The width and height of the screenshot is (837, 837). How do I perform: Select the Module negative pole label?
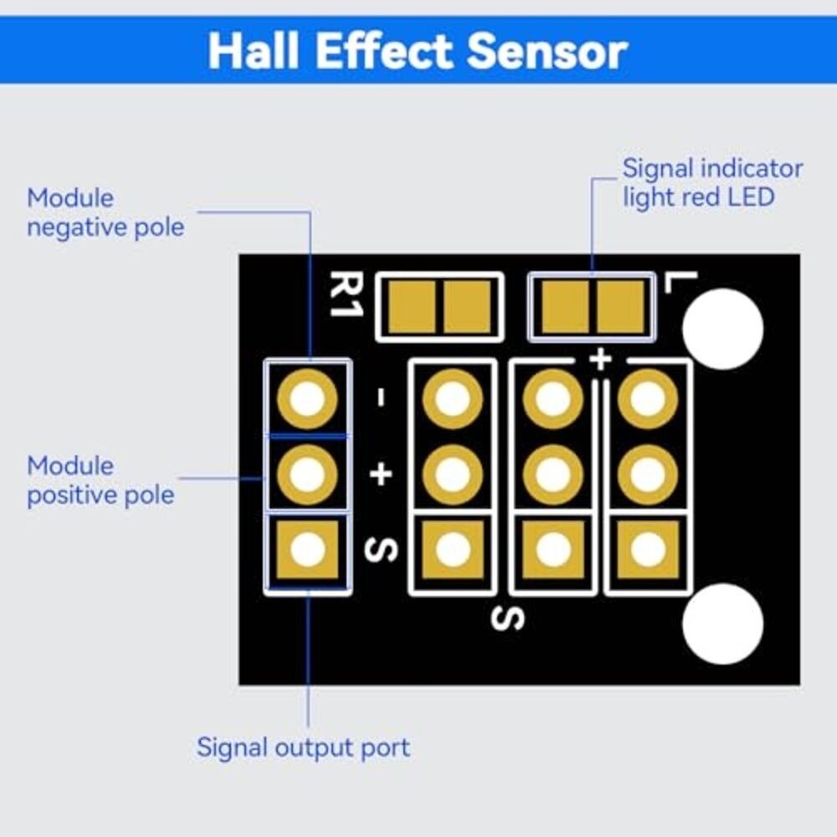pos(105,213)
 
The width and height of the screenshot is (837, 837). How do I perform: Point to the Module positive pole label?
pos(100,480)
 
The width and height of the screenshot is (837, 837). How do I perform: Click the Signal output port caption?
pos(303,747)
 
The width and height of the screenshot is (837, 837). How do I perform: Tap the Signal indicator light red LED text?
pos(711,182)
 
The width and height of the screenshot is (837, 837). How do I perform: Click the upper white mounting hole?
pos(722,329)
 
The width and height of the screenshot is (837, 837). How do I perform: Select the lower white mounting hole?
pos(722,624)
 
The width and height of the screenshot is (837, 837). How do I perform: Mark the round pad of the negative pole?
pos(308,401)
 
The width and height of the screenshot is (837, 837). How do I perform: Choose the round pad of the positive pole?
pos(308,475)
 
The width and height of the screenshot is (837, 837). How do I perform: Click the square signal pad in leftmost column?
pos(308,549)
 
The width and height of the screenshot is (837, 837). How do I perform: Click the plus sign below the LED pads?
pos(599,360)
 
